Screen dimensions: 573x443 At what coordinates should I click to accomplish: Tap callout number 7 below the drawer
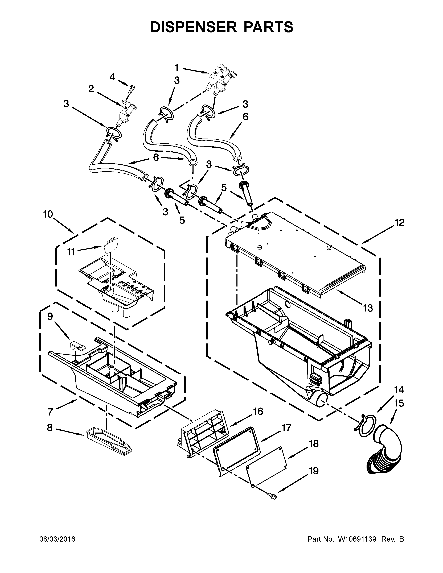pyautogui.click(x=50, y=412)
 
